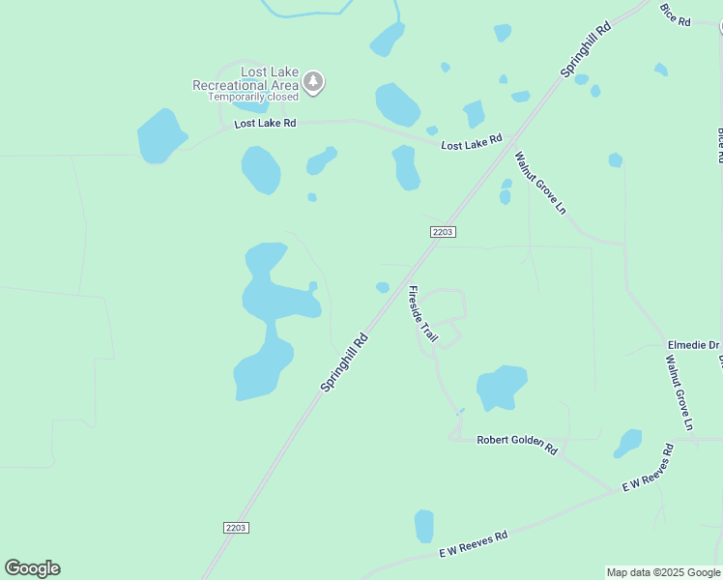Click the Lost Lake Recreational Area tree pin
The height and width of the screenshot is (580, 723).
[x=312, y=82]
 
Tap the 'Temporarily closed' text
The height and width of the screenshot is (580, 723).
[x=253, y=98]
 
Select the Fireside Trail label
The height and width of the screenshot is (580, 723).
[x=422, y=314]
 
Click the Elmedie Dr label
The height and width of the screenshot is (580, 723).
[x=694, y=345]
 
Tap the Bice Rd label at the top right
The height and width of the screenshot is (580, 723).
[x=676, y=14]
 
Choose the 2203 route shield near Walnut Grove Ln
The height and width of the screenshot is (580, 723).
[x=443, y=232]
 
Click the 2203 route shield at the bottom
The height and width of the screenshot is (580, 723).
[x=236, y=527]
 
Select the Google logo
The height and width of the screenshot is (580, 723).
[x=32, y=568]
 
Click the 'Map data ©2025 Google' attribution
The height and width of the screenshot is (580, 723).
[x=662, y=572]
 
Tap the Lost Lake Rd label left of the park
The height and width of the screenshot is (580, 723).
[x=265, y=124]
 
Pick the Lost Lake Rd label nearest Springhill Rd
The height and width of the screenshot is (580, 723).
[x=472, y=142]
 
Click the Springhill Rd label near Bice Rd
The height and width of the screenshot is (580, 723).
[x=587, y=51]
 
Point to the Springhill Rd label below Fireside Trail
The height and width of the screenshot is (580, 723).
[x=345, y=362]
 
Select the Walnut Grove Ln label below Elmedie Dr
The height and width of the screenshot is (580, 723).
[x=680, y=391]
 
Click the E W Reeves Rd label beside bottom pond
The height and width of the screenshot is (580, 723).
[x=474, y=544]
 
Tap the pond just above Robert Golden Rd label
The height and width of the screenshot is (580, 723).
[x=500, y=387]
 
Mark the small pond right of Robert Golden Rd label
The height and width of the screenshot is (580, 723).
[x=628, y=443]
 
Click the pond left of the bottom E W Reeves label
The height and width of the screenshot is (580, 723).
[x=423, y=526]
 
